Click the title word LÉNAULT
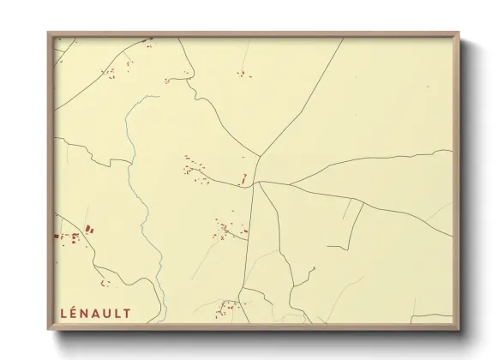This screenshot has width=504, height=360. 95,314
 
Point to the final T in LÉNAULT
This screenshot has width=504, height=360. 128,314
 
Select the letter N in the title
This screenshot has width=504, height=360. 85,314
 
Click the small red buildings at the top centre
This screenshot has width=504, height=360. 243,75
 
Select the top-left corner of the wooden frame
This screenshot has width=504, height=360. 50,34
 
